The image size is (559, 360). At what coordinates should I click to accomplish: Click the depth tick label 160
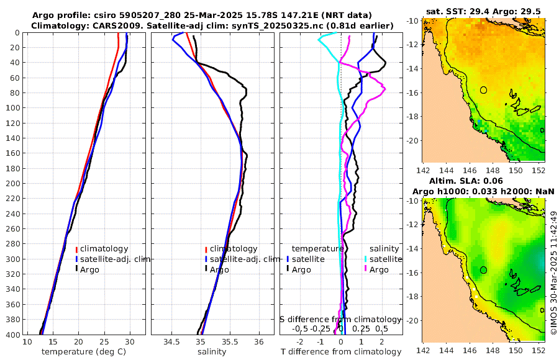tap(12, 153)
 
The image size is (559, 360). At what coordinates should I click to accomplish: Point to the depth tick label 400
tap(12, 334)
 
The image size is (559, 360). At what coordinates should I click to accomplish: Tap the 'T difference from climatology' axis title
tap(342, 352)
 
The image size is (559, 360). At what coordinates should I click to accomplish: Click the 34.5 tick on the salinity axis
tap(171, 342)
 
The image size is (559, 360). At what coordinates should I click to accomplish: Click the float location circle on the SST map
tap(484, 90)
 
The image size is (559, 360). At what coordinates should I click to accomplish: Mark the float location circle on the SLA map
tap(484, 270)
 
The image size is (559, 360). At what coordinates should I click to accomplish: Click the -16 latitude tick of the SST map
tap(412, 93)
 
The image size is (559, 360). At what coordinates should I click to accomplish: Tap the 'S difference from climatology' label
tap(340, 319)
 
